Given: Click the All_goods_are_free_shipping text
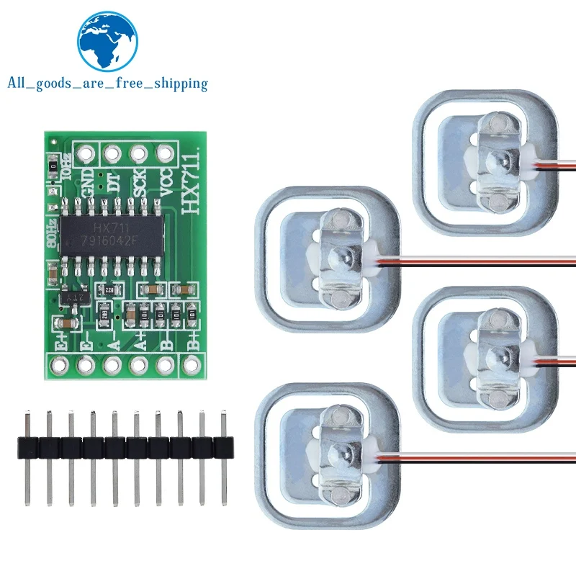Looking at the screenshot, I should click(x=107, y=84).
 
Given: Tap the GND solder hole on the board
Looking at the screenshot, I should click(x=86, y=153).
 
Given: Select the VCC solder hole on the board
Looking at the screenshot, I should click(x=166, y=153).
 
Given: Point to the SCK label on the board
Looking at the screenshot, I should click(x=140, y=185).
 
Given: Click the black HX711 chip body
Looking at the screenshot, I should click(x=112, y=235).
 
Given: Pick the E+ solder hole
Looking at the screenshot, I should click(x=59, y=364).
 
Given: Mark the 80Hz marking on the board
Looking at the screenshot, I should click(x=52, y=234).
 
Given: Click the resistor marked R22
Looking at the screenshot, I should click(x=109, y=289).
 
